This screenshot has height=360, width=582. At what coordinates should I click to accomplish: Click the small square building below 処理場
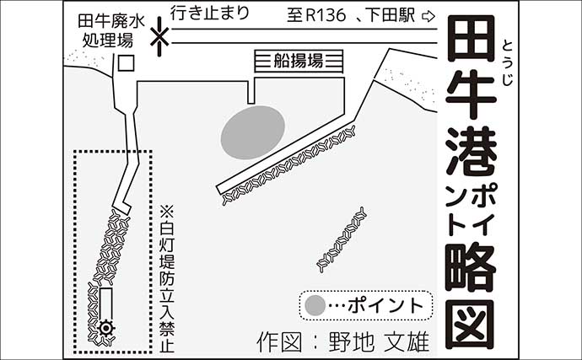(x=125, y=62)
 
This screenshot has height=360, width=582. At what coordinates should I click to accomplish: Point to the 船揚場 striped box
(x=299, y=61)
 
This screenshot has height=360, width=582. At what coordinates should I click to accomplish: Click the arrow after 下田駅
(x=428, y=15)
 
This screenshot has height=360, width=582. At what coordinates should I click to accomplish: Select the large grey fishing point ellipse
(x=252, y=131)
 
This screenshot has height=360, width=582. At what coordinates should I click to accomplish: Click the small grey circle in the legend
(x=315, y=304)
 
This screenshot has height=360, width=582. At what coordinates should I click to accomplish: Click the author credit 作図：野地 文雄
(x=342, y=342)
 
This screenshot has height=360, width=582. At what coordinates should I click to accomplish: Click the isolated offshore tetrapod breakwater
(x=342, y=239)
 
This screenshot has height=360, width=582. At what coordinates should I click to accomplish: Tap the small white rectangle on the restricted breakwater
(x=106, y=301)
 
